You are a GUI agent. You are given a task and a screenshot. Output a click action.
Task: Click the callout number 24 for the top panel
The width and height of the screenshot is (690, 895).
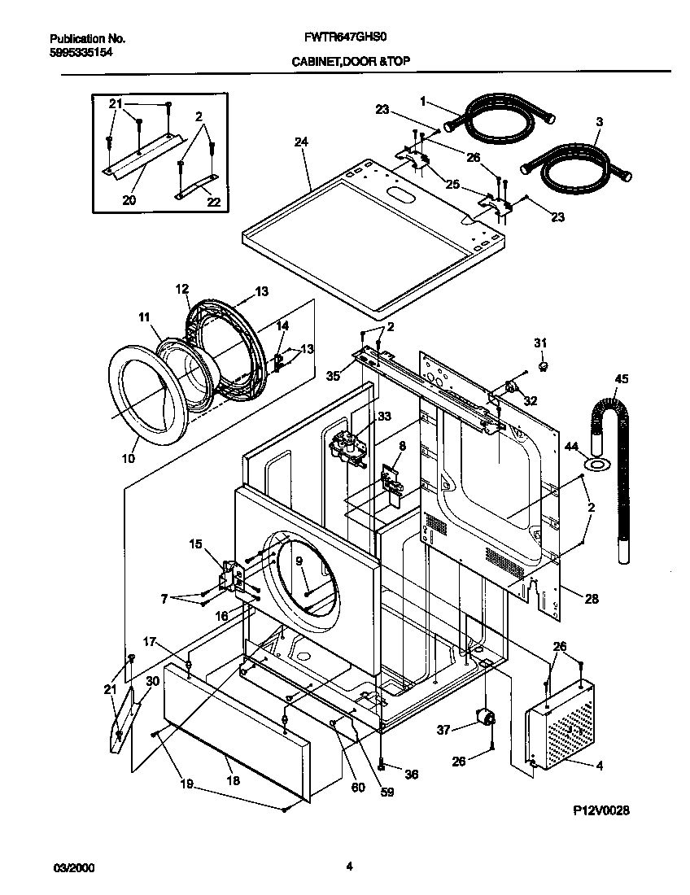click(x=301, y=142)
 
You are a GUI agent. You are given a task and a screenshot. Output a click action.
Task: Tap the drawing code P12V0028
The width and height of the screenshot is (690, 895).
click(x=601, y=810)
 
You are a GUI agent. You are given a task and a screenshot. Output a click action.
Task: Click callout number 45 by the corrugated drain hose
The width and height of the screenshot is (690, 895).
click(x=621, y=378)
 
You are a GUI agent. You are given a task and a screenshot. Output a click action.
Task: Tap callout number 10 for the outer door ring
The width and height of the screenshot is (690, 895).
click(x=128, y=458)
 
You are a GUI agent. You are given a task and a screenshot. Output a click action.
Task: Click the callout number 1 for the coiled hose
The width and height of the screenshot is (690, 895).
click(x=423, y=101)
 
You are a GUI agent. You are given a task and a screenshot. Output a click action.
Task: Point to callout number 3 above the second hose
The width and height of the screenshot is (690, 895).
click(x=599, y=122)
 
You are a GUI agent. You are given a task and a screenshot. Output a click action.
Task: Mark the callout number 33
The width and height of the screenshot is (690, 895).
click(x=384, y=417)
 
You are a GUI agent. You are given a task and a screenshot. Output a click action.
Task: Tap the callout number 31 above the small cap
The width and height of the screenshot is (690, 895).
click(x=540, y=343)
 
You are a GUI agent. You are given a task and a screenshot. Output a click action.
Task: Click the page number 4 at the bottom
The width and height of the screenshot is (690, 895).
click(x=348, y=867)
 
